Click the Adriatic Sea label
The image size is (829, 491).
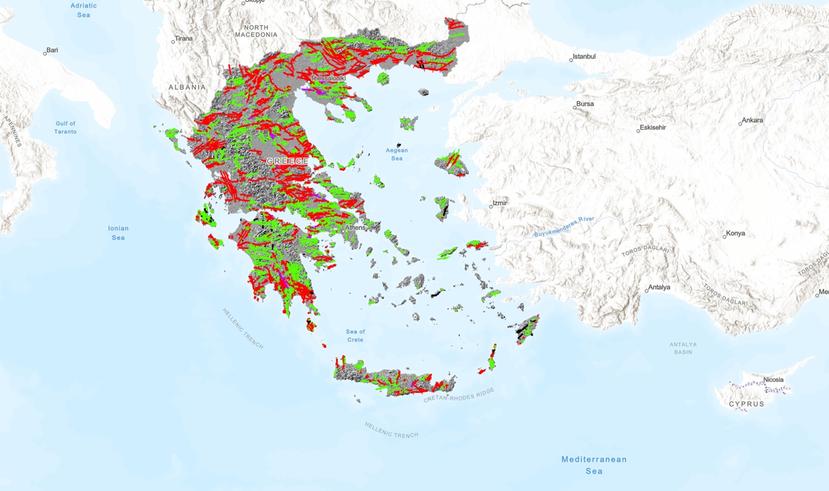[83, 10]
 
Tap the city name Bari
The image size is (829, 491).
[52, 50]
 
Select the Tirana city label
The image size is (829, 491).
[184, 39]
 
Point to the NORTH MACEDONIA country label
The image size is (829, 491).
[256, 31]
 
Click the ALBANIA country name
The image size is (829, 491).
[187, 87]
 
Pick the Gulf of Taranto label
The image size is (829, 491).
[66, 128]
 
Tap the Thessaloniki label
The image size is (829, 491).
[327, 78]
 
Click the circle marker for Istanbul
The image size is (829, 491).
[571, 60]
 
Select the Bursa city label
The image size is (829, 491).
[584, 104]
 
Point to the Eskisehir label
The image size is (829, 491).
[652, 128]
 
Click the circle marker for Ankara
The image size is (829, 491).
[740, 123]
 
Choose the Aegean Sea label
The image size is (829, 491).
[397, 155]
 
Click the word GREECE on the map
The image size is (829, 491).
[287, 162]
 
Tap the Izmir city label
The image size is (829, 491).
[500, 203]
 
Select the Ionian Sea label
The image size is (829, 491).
[118, 233]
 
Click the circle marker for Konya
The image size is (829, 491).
[725, 237]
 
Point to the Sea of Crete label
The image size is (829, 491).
[355, 336]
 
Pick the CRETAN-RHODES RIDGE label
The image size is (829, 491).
[459, 395]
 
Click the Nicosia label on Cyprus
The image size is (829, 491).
[774, 380]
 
